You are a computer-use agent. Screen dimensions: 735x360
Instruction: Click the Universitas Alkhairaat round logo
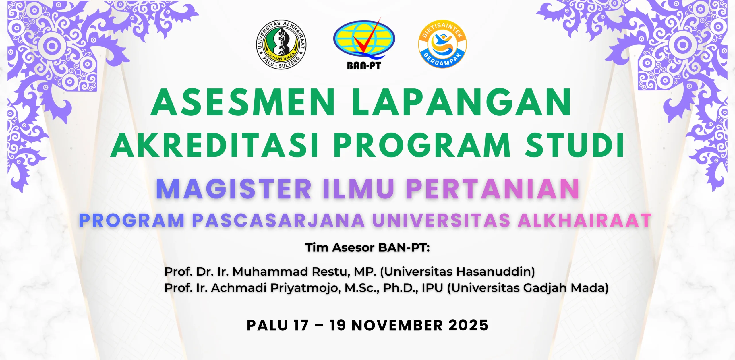(281, 45)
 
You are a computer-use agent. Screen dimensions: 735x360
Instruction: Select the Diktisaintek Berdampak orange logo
(442, 44)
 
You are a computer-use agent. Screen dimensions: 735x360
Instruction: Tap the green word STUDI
(574, 145)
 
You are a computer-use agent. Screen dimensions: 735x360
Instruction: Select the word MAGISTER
(234, 189)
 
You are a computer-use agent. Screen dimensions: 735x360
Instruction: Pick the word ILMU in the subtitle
(359, 189)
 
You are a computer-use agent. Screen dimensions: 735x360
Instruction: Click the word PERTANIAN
(493, 189)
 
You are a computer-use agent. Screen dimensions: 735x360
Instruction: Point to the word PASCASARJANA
(278, 220)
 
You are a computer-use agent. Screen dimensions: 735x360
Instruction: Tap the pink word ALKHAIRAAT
(585, 220)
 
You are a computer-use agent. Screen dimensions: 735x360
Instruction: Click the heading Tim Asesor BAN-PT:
(367, 247)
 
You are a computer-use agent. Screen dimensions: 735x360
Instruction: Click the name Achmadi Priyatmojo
(276, 288)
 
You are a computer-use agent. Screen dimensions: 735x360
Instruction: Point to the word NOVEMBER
(397, 325)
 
